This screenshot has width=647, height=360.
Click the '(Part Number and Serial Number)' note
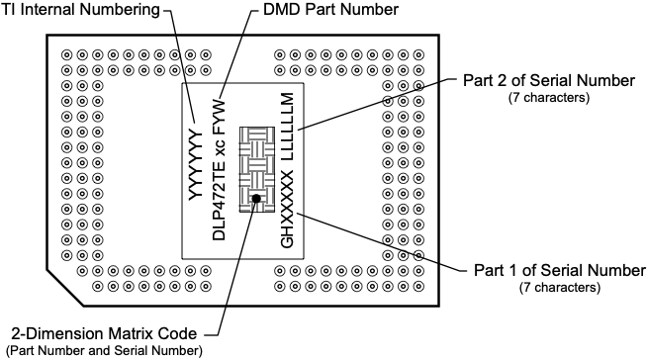click(104, 350)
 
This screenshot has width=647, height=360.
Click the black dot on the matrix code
click(255, 199)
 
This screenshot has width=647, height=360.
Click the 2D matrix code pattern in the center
click(255, 168)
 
